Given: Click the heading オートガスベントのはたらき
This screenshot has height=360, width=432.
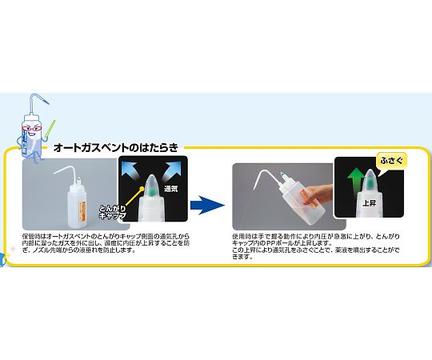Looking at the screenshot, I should point(116,147).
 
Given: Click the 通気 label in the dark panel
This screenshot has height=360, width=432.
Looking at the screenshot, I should point(170,190).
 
